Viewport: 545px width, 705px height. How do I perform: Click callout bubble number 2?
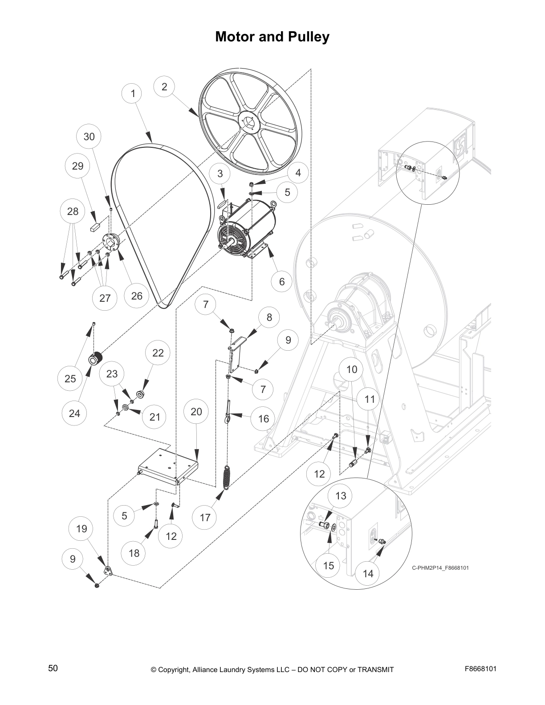point(164,87)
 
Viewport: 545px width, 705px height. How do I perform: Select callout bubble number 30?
point(89,137)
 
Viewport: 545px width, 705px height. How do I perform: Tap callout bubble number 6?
point(282,282)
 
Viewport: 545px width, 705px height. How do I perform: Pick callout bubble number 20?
point(196,412)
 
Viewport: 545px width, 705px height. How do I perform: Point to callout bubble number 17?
point(205,518)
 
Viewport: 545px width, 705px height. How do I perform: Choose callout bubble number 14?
point(368,574)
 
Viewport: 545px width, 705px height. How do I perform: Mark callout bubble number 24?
point(74,413)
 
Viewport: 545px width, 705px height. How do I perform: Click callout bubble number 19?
point(81,529)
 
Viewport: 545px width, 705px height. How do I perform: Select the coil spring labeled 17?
point(228,478)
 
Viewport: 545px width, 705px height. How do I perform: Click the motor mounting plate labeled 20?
point(167,465)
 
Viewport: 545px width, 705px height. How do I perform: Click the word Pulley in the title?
point(307,36)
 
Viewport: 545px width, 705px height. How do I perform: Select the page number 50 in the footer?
point(53,668)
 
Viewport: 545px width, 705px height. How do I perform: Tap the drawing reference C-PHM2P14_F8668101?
point(440,568)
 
